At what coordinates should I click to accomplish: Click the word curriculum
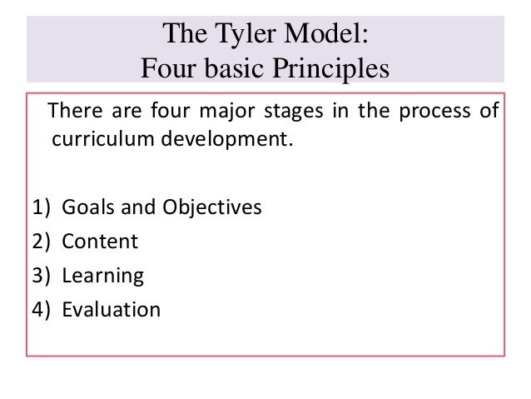pos(92,137)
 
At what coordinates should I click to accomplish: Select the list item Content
pos(101,242)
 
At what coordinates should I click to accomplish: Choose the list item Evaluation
pos(112,310)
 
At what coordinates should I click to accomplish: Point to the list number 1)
pos(42,207)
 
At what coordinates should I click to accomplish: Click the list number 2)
pos(42,242)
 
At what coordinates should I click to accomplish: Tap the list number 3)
pos(42,276)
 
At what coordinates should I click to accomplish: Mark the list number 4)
pos(42,310)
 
